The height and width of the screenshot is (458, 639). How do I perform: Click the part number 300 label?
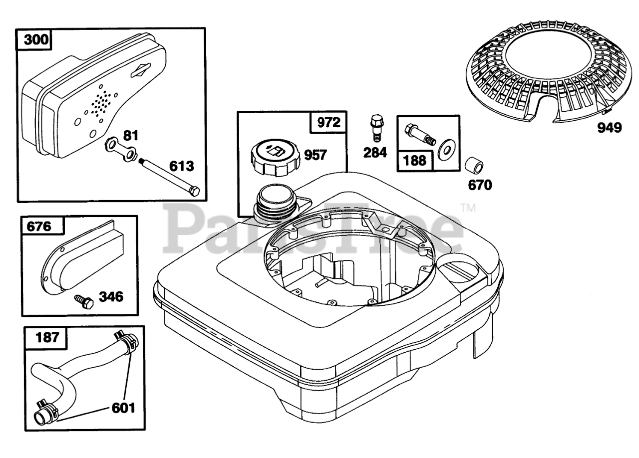[34, 40]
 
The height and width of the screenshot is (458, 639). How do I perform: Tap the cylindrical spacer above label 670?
[472, 165]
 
